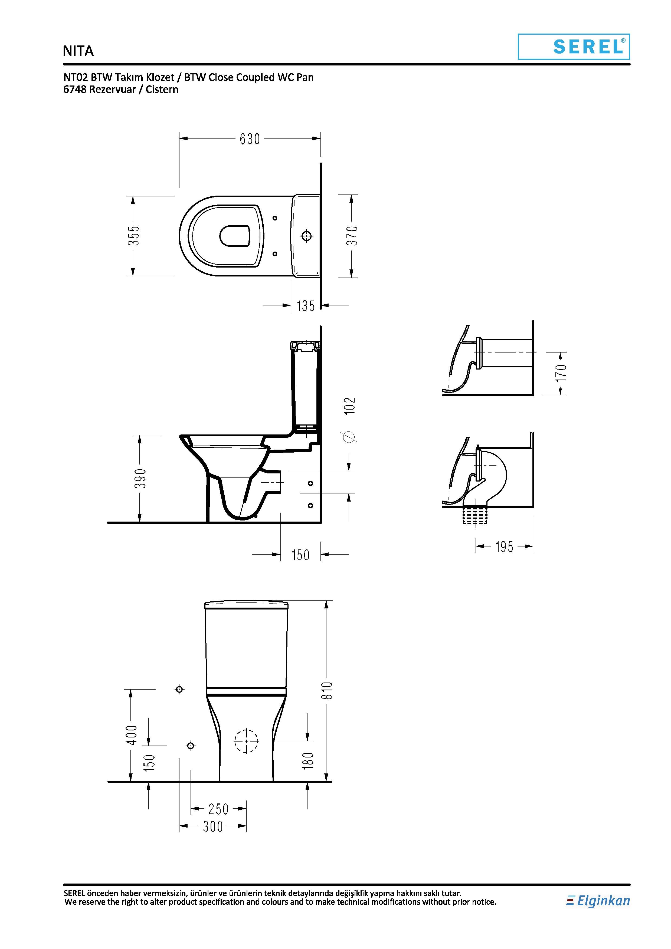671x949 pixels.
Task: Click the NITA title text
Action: [x=78, y=51]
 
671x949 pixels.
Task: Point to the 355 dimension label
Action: [x=133, y=236]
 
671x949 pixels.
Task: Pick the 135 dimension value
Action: [x=306, y=306]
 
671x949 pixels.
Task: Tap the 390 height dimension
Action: [x=140, y=478]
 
